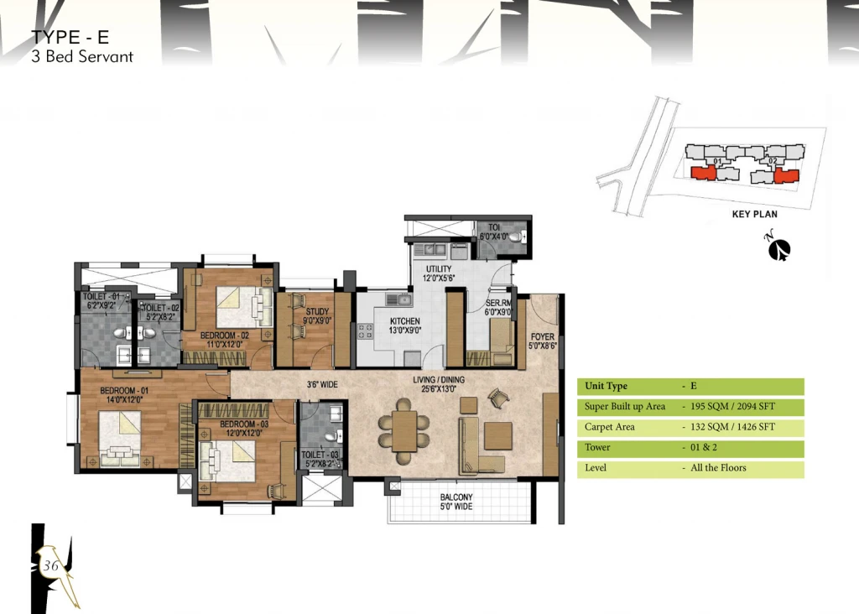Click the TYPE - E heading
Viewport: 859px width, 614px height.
click(70, 37)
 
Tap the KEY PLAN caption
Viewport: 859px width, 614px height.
click(754, 214)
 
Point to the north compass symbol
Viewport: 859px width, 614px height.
click(778, 248)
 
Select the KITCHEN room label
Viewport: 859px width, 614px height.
click(405, 326)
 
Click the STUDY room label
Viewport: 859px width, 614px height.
click(317, 316)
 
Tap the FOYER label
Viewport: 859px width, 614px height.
click(543, 341)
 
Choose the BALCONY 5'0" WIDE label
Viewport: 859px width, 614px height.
click(456, 502)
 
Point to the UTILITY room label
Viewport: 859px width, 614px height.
click(439, 273)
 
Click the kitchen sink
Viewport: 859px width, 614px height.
click(399, 299)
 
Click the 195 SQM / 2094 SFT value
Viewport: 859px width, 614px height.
click(732, 407)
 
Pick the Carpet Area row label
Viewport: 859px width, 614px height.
click(609, 427)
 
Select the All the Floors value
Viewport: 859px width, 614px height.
click(718, 468)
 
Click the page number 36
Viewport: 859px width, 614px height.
click(51, 565)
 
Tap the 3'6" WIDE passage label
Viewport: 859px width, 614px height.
click(322, 384)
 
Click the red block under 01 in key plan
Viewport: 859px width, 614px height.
click(704, 173)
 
